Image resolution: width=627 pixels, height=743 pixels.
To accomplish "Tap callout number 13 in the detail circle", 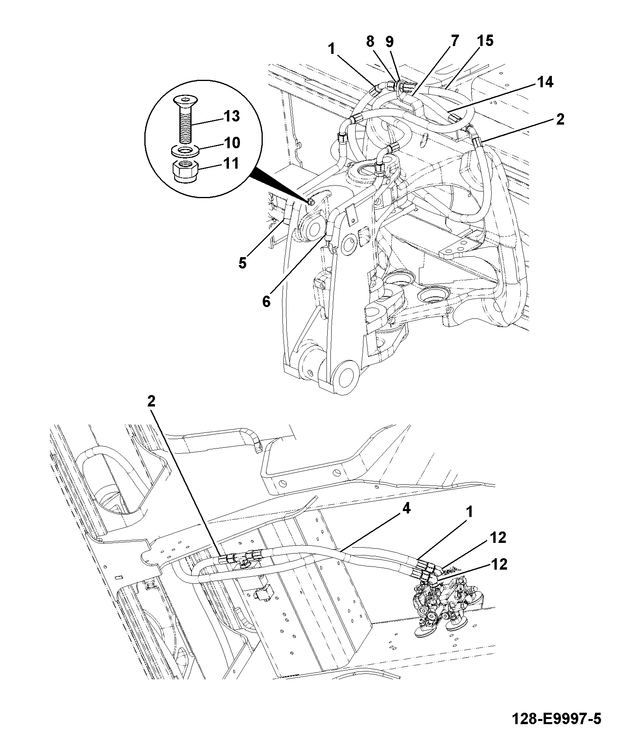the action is click(231, 116).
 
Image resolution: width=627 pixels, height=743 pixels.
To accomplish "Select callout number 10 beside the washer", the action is click(232, 143).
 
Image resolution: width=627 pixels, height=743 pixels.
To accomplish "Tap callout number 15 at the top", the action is click(486, 40).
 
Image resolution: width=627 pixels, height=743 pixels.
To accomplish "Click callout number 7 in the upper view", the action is click(455, 40).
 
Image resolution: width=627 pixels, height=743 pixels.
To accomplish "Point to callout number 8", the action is click(370, 41).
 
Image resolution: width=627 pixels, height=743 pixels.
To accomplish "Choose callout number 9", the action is click(389, 41).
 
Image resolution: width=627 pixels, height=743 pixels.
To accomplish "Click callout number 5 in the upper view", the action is click(242, 263).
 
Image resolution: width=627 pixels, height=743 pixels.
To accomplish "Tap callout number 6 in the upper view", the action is click(267, 302).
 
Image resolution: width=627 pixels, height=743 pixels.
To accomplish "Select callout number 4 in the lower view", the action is click(406, 509).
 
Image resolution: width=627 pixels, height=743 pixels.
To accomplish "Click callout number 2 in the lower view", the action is click(151, 401).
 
